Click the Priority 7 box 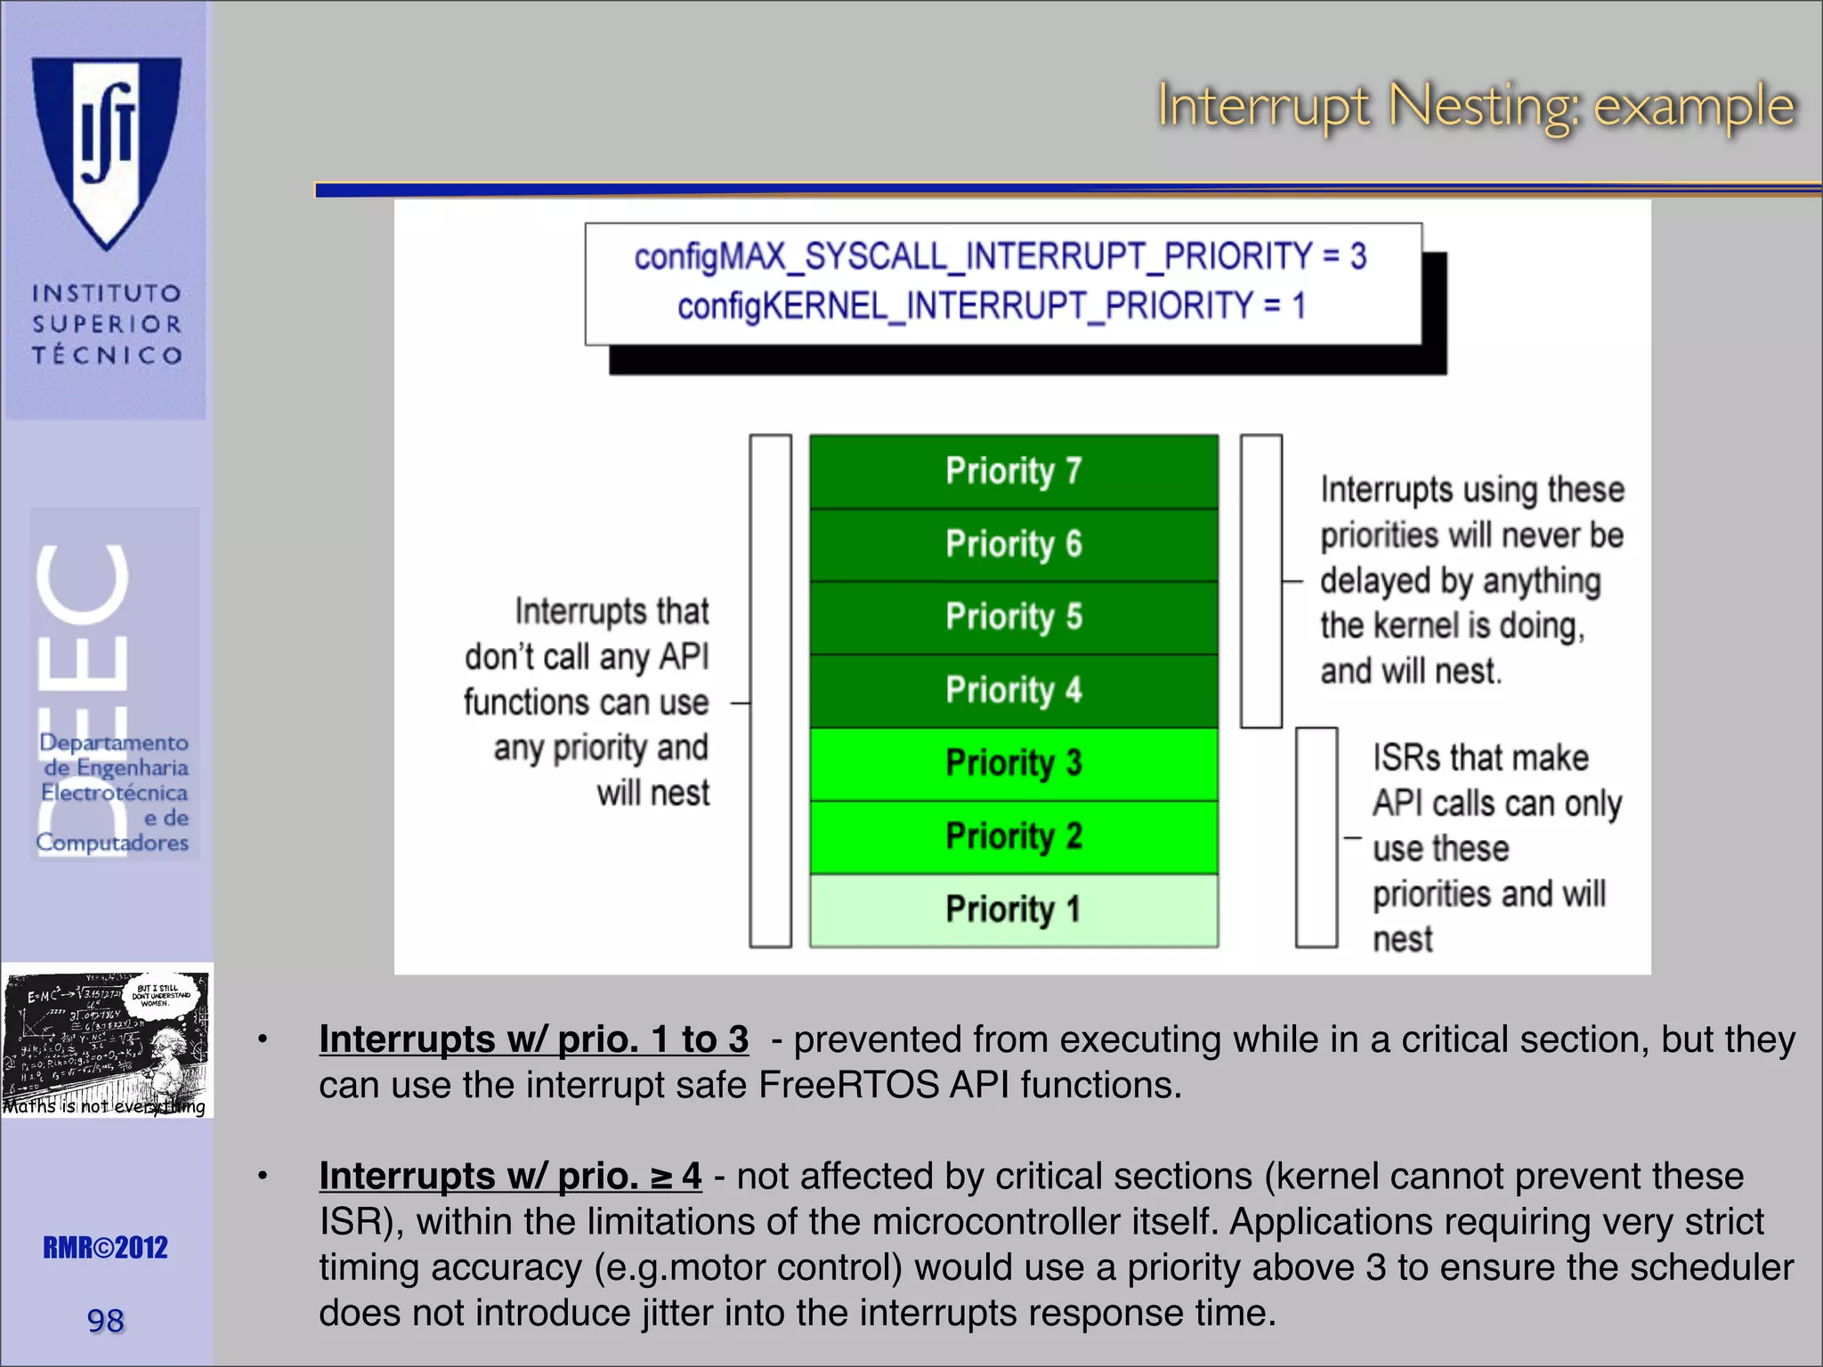(x=1013, y=471)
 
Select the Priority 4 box (x=1013, y=691)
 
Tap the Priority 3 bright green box (x=1013, y=764)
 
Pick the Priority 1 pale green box (x=1013, y=910)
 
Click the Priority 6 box (x=1013, y=544)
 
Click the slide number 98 (x=105, y=1321)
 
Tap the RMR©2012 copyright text (x=105, y=1248)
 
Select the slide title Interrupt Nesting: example (x=1475, y=107)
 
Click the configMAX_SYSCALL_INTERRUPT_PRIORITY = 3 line (x=1000, y=256)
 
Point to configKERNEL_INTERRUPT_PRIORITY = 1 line (x=991, y=306)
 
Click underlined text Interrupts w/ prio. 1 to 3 (x=533, y=1039)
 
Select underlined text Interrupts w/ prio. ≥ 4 (x=510, y=1177)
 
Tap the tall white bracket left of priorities (x=770, y=691)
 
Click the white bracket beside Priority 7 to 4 (x=1260, y=580)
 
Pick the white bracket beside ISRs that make (x=1316, y=837)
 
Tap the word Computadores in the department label (x=112, y=843)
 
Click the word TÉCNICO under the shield (x=107, y=355)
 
